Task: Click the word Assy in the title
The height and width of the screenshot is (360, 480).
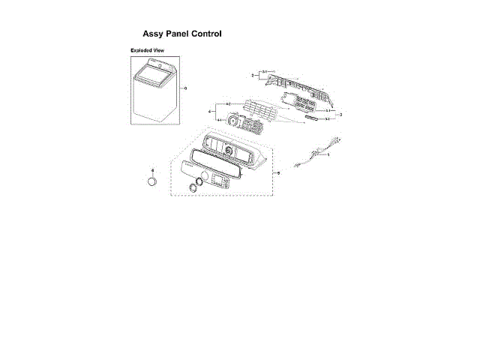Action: [x=153, y=34]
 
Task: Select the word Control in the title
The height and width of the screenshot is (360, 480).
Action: [x=205, y=34]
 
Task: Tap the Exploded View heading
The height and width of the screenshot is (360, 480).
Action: [x=147, y=50]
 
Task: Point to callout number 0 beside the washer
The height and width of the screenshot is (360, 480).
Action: [x=184, y=88]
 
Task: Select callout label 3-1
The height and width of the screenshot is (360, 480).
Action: [x=328, y=110]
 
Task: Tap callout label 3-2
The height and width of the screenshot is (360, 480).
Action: [x=328, y=118]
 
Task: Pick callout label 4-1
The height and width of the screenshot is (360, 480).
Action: [x=219, y=120]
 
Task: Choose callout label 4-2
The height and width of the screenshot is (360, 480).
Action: [x=227, y=103]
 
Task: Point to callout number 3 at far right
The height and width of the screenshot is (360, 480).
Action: [x=340, y=114]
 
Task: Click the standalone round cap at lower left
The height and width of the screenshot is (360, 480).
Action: [x=152, y=183]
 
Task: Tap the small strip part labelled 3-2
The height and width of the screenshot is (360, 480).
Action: [x=313, y=118]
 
